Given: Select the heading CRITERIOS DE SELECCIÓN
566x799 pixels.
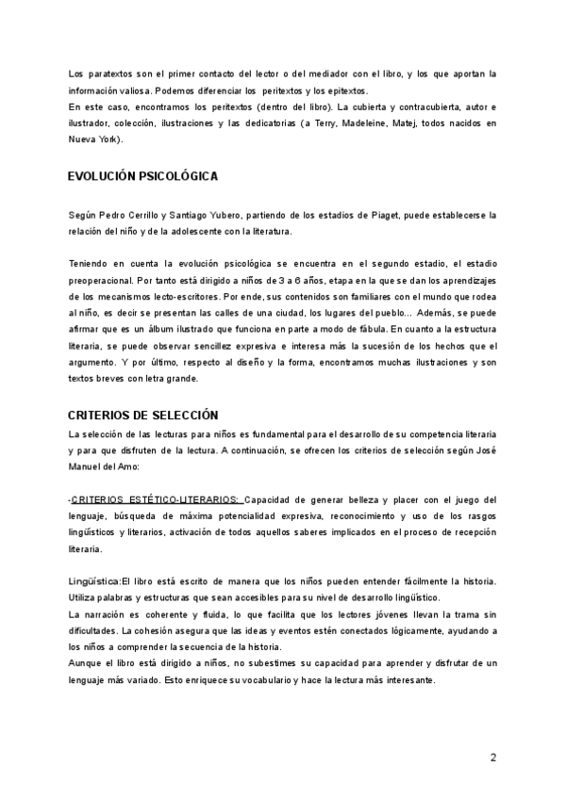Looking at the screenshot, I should click(x=143, y=415).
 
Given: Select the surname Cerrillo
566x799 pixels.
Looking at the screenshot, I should click(x=153, y=216).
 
